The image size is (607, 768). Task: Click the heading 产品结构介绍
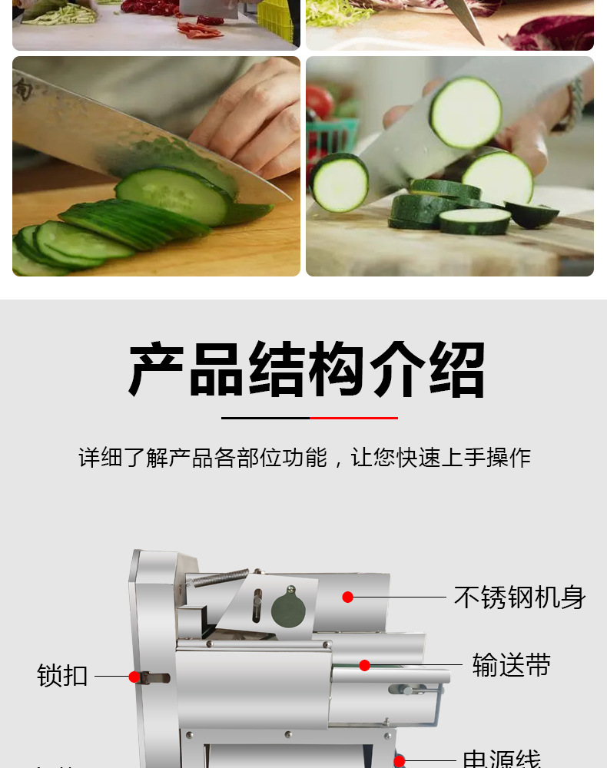(307, 370)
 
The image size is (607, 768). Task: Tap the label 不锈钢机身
(519, 598)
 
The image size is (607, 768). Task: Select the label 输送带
(512, 665)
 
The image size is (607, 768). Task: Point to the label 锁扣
(62, 677)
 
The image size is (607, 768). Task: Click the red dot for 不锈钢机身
(348, 597)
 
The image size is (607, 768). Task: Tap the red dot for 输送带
(365, 665)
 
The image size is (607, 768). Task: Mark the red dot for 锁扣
(134, 677)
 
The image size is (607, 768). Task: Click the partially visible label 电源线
(502, 760)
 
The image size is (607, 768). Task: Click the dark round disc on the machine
(288, 611)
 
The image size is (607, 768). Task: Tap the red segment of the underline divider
(353, 418)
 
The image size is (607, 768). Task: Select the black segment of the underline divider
(265, 418)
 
